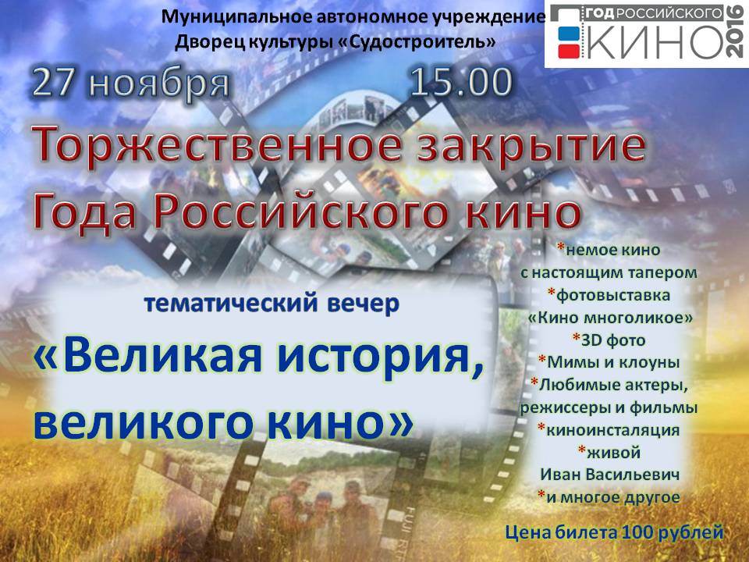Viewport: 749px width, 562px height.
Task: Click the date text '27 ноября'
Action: pos(131,84)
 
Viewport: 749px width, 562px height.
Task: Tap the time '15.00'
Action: pos(461,82)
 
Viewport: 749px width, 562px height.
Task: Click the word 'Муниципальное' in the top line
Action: pos(225,16)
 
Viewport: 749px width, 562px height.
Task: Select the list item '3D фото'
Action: pos(613,340)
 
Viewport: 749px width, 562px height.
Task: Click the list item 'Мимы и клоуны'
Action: pos(613,362)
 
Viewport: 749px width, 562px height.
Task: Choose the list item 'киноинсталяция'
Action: pos(612,429)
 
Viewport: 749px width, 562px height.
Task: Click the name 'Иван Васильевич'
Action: pos(609,475)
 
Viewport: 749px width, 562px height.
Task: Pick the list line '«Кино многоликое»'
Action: pos(610,318)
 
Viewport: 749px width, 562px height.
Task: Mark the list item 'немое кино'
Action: pos(613,250)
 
